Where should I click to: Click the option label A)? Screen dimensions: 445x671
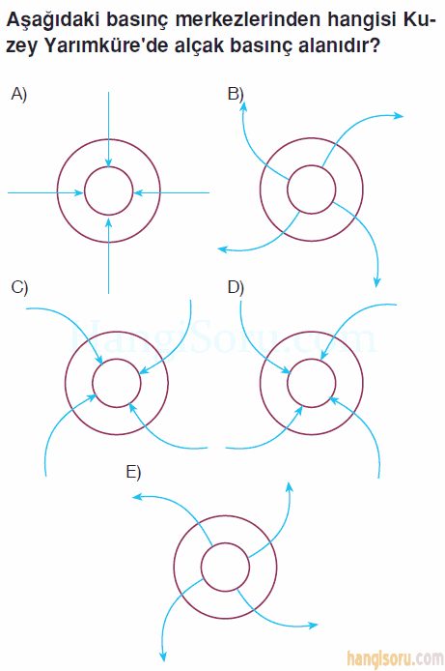(x=19, y=94)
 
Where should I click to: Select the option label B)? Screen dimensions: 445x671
(x=236, y=94)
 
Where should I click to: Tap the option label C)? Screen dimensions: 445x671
(x=19, y=287)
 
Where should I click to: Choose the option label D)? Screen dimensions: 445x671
(x=236, y=287)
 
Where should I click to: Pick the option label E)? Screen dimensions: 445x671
(x=133, y=472)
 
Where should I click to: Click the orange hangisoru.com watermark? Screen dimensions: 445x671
(x=395, y=659)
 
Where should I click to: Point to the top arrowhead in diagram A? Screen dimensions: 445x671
(x=108, y=162)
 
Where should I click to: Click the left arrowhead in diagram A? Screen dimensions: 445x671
(x=79, y=192)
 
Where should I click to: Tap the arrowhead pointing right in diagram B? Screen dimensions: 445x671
(x=399, y=116)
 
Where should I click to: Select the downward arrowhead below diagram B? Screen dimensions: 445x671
(x=376, y=281)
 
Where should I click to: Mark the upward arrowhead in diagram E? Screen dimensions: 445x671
(x=290, y=487)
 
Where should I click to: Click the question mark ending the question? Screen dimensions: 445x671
(x=375, y=45)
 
